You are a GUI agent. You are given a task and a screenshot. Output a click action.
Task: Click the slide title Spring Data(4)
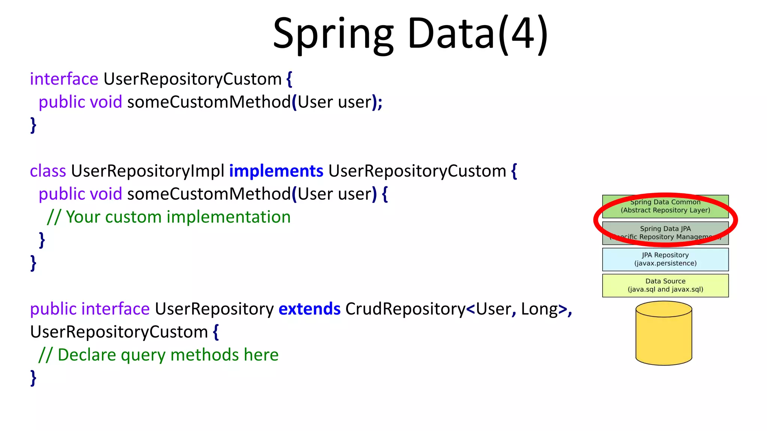410,34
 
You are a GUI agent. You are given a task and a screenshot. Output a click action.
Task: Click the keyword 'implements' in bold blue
276,171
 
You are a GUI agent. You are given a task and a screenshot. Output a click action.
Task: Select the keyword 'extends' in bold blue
309,309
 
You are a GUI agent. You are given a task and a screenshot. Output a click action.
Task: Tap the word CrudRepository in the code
405,309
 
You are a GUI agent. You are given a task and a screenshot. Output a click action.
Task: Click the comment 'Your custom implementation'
178,217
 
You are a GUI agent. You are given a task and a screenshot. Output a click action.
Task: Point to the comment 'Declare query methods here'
168,355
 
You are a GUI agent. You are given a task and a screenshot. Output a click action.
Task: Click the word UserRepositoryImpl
148,171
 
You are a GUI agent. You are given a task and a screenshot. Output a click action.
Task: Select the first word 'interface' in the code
64,79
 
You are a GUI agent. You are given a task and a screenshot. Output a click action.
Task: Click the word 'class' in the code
48,171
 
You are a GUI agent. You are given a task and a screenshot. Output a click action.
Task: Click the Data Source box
665,285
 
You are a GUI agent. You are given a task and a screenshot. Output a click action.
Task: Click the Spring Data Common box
665,206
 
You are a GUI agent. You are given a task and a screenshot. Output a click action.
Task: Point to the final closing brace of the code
33,378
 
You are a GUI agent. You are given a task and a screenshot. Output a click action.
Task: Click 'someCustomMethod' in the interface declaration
209,102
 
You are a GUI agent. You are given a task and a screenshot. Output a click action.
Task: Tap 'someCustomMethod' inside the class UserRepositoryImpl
209,194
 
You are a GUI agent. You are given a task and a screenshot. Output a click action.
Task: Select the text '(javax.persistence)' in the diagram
665,263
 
